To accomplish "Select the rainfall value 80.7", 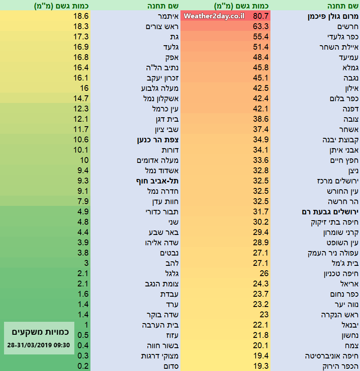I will pyautogui.click(x=261, y=17).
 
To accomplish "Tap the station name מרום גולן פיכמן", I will pyautogui.click(x=334, y=17).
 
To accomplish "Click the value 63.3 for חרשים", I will pyautogui.click(x=261, y=26).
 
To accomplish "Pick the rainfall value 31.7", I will pyautogui.click(x=261, y=212).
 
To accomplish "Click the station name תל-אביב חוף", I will pyautogui.click(x=158, y=181).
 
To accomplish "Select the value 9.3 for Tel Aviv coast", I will pyautogui.click(x=83, y=181).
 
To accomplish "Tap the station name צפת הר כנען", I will pyautogui.click(x=159, y=140).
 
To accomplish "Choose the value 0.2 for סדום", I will pyautogui.click(x=83, y=366).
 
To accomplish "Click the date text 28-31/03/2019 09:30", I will pyautogui.click(x=39, y=345).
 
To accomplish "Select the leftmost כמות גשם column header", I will pyautogui.click(x=61, y=6).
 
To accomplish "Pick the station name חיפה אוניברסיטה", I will pyautogui.click(x=332, y=356).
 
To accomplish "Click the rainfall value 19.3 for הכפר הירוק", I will pyautogui.click(x=261, y=366).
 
